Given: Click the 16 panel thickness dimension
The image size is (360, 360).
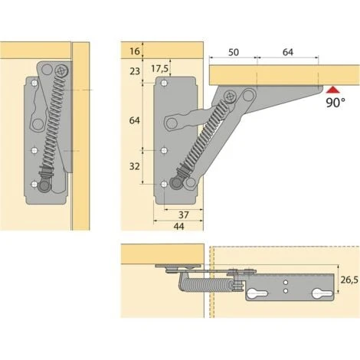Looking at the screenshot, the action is coord(135,51).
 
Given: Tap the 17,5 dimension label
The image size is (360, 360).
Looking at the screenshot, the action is coord(159,68).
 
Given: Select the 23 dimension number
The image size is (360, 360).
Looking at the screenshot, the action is coord(135,71).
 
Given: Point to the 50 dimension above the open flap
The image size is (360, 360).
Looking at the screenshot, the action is coord(234,52).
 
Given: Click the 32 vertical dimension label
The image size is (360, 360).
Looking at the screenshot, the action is coord(135,166).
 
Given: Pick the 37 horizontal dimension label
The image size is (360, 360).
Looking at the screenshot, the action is coord(184,215).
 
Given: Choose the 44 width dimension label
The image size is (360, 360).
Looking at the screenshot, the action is coord(178,226).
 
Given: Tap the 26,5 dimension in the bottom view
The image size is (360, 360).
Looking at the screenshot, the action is coord(349,280).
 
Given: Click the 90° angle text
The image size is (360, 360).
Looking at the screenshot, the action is coord(335,103).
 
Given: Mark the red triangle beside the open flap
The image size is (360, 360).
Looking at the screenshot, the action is coord(332,90).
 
